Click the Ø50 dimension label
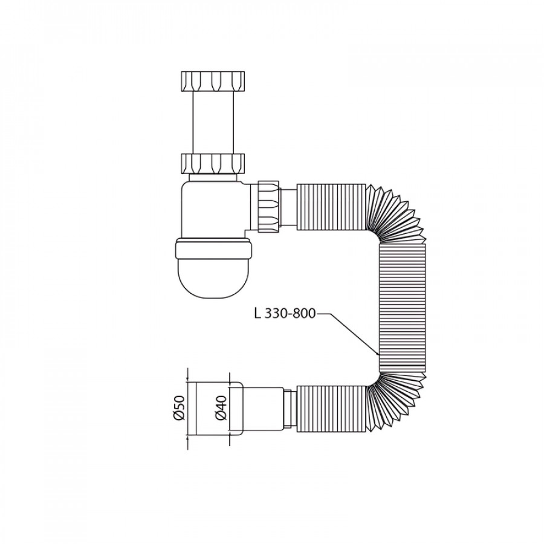coord(180,408)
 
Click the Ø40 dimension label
coord(221,407)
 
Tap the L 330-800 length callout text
coord(285,314)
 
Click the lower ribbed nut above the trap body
coord(213,164)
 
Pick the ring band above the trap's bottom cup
coord(213,249)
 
